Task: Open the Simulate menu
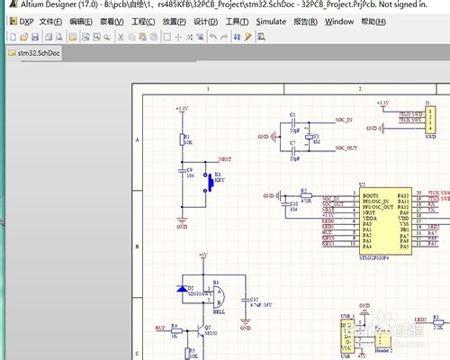click(x=271, y=21)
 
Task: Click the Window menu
click(x=339, y=21)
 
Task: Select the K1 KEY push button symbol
click(x=211, y=183)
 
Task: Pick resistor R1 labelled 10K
click(x=183, y=141)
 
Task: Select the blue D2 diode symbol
click(x=184, y=290)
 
